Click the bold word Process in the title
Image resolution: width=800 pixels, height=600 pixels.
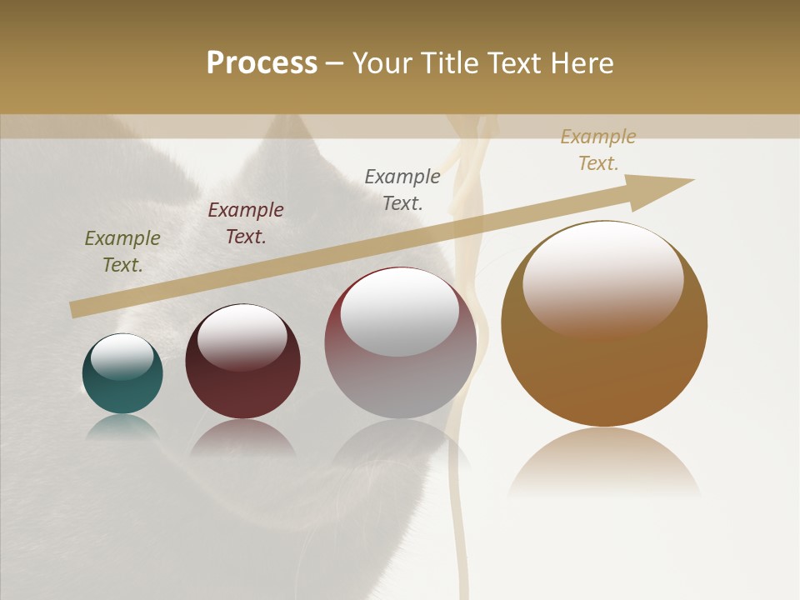coord(262,62)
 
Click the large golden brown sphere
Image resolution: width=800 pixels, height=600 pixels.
coord(604,367)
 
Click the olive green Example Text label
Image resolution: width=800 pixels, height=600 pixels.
coord(122,252)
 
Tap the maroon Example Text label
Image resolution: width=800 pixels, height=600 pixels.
coord(246,223)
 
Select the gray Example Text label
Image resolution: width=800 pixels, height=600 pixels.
coord(402,189)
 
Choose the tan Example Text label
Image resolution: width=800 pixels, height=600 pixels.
coord(598,150)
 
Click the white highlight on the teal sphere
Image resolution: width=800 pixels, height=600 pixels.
coord(122,357)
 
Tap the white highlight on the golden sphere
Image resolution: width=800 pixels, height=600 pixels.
coord(603,279)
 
